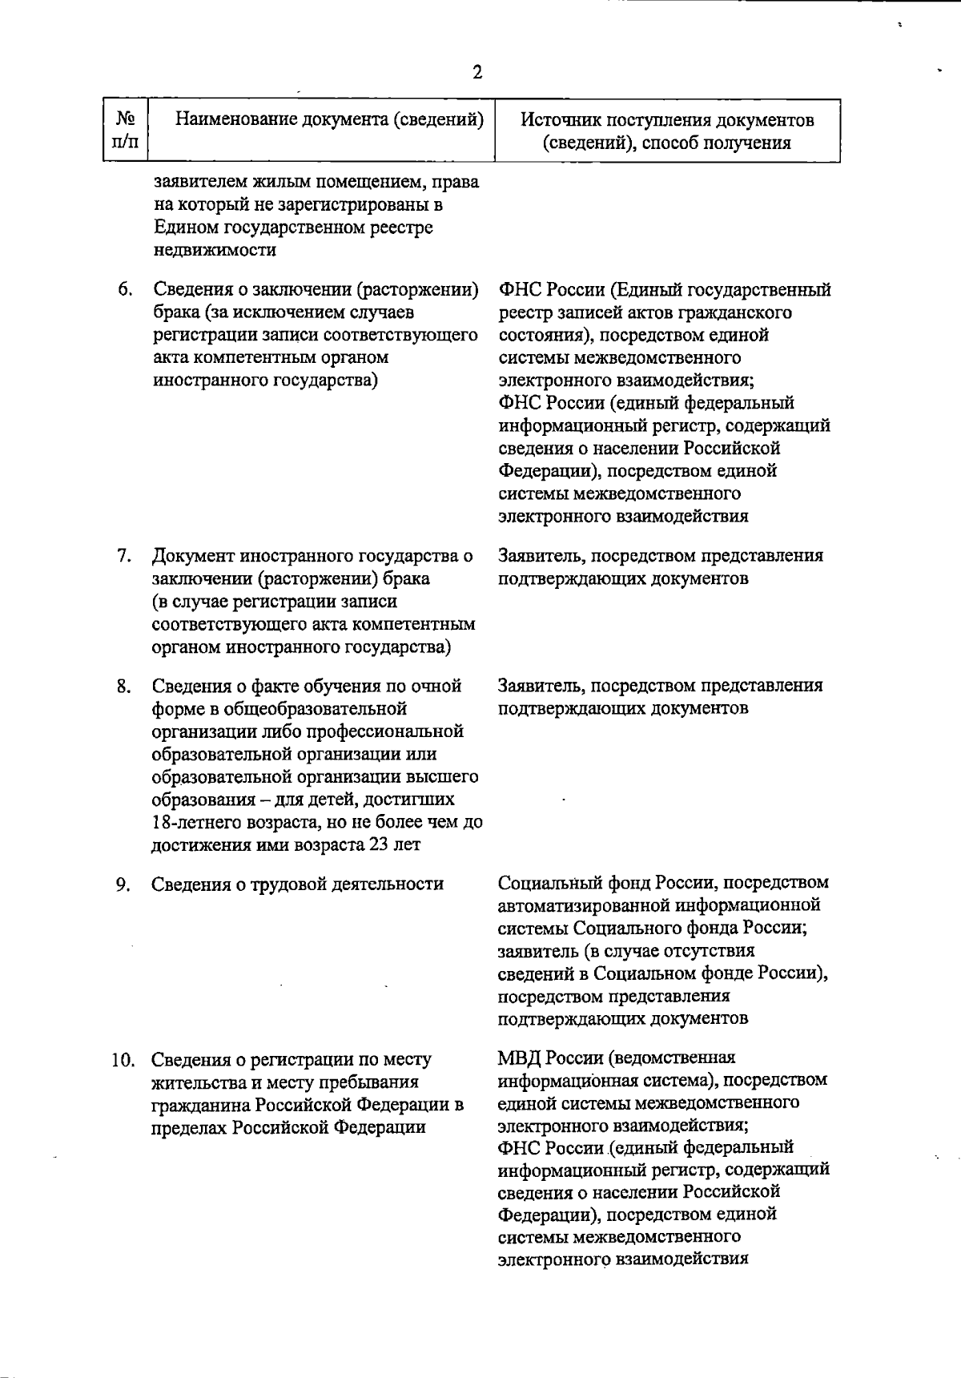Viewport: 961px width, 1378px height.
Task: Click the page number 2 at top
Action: (x=477, y=73)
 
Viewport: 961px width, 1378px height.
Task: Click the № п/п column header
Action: (x=125, y=131)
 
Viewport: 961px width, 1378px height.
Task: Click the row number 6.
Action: (x=125, y=289)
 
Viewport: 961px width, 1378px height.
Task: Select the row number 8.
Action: (x=125, y=687)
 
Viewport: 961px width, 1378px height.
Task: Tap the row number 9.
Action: (x=125, y=884)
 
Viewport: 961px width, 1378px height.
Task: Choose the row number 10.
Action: (x=123, y=1060)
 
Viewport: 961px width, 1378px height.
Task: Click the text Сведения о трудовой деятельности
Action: (x=297, y=884)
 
